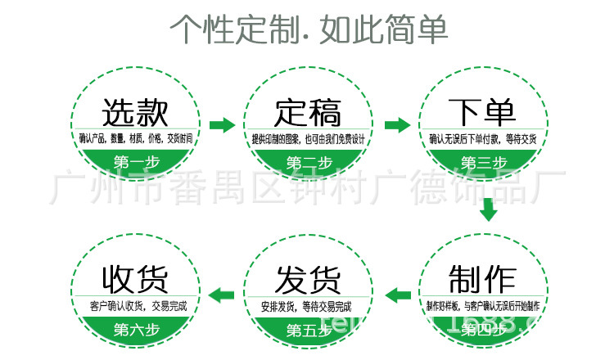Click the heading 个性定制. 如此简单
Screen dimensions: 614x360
(x=308, y=29)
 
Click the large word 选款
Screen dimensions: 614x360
(x=136, y=112)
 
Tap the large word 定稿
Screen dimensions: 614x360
(x=308, y=112)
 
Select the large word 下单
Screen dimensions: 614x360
(x=482, y=112)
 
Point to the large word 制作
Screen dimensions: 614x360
(x=482, y=279)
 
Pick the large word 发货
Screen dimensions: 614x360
(x=308, y=279)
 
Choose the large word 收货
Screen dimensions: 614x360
(x=136, y=279)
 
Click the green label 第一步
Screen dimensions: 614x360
(x=136, y=160)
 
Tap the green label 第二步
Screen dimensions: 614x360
(x=308, y=160)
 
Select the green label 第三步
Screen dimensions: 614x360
(x=482, y=160)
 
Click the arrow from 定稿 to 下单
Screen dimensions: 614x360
(x=397, y=125)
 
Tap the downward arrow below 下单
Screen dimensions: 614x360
(x=489, y=210)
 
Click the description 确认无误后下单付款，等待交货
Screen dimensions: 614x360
(x=482, y=138)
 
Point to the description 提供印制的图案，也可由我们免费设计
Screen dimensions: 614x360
(x=307, y=138)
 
